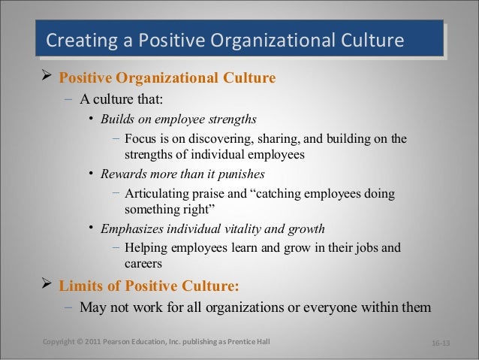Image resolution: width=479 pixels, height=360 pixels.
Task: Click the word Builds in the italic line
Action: click(116, 119)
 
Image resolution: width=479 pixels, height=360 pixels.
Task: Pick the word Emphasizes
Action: click(132, 229)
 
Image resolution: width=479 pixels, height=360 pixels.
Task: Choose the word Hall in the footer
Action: click(258, 343)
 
